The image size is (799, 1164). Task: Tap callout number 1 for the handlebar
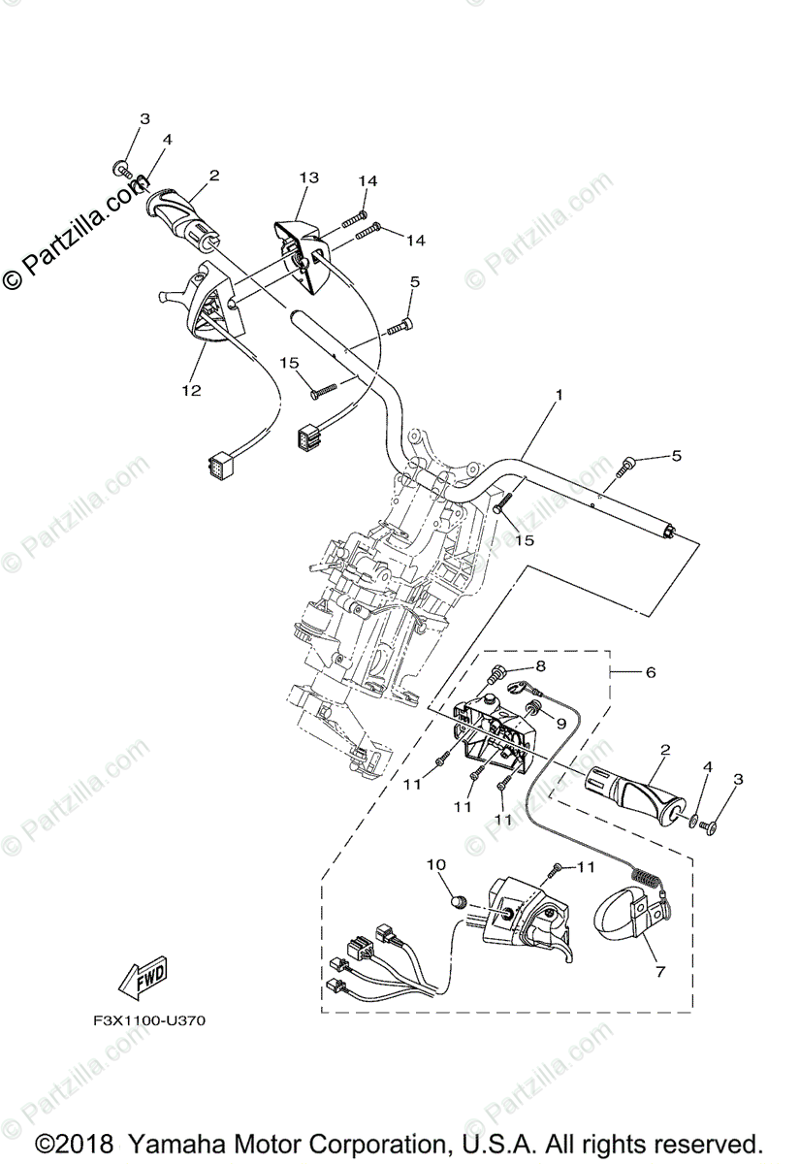(x=559, y=396)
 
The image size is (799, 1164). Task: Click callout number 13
(x=308, y=178)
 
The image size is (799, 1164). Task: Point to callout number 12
(x=190, y=390)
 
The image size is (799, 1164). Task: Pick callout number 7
(x=659, y=970)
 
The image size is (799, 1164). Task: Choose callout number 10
(x=435, y=864)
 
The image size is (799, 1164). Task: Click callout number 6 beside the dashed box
(x=651, y=671)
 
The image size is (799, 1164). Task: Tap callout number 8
(x=541, y=665)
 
